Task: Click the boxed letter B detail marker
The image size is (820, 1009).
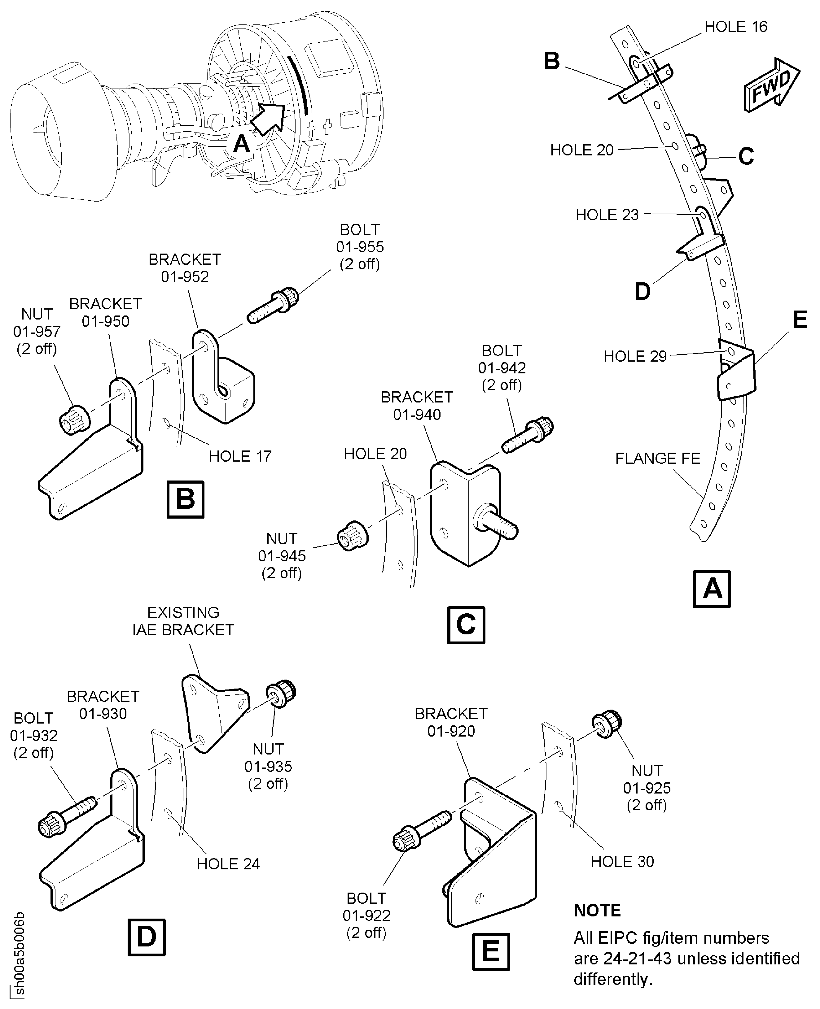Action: tap(185, 499)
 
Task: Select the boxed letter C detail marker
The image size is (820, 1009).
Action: tap(466, 625)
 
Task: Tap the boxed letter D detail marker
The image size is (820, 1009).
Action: tap(147, 937)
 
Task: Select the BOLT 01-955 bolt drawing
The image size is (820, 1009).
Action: tap(273, 306)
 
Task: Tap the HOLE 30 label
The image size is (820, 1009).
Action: tap(622, 862)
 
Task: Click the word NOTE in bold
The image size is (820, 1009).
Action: tap(597, 910)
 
